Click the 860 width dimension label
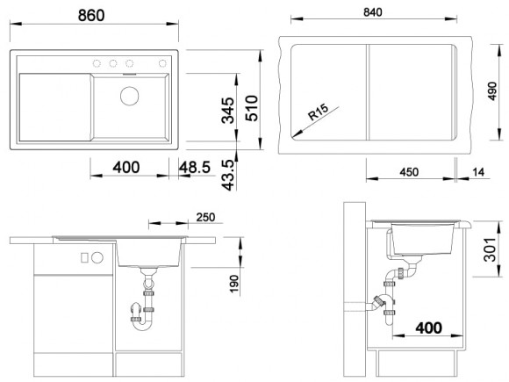coord(91,15)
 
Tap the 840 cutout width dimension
coord(373,12)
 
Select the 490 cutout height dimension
coord(492,91)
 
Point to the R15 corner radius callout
coord(318,112)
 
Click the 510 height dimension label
coord(252,108)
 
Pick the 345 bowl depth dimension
coord(227,111)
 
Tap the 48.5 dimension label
coord(195,167)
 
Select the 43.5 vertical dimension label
coord(227,175)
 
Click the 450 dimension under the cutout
coord(409,172)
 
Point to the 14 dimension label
coord(478,172)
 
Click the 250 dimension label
coord(205,217)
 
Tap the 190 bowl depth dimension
coord(233,284)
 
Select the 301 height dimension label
coord(490,249)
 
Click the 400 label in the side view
coord(428,328)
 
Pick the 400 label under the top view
coord(126,167)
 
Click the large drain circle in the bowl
coord(130,96)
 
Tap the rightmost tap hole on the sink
coord(162,63)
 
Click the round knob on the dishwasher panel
coord(97,258)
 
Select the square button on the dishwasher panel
coord(84,258)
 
